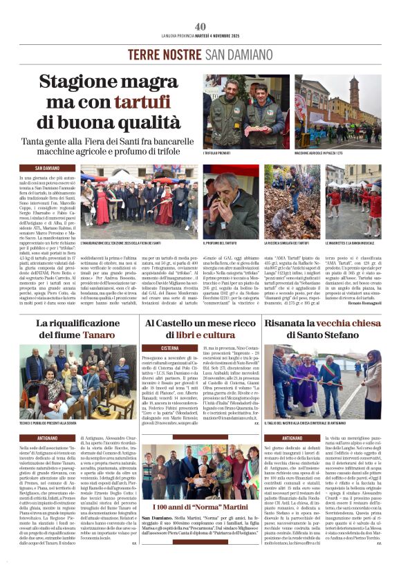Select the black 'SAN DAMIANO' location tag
pos(56,168)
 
